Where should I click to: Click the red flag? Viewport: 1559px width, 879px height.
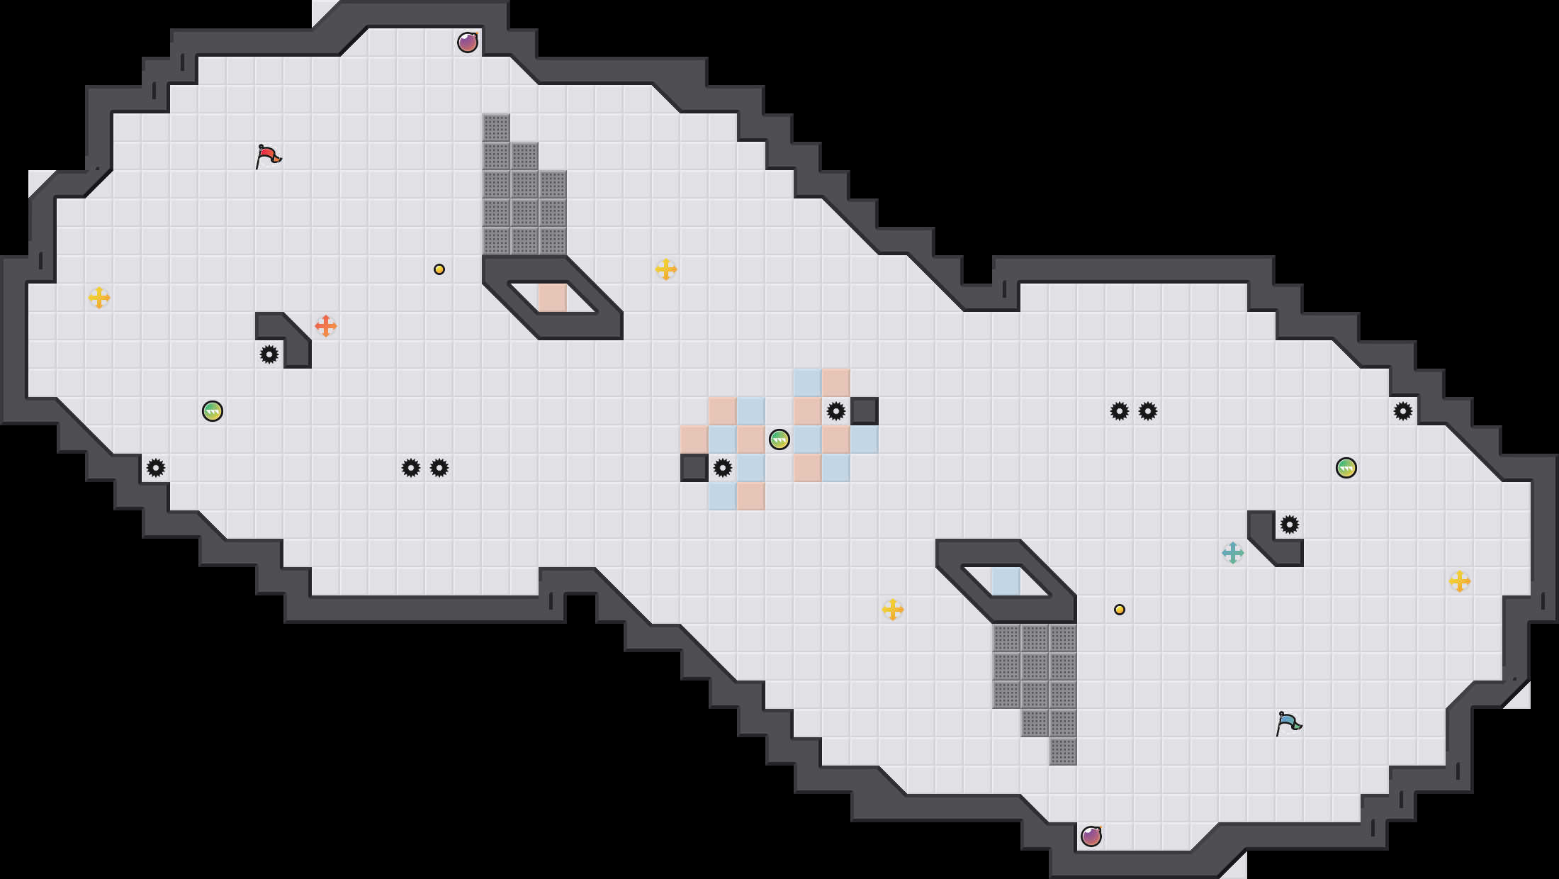[268, 156]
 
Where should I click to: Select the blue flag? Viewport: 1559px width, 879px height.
[1288, 723]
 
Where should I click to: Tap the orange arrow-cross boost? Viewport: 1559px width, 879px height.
[326, 326]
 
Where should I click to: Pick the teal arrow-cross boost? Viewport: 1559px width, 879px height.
[1233, 553]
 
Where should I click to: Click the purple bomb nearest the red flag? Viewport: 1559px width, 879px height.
[468, 43]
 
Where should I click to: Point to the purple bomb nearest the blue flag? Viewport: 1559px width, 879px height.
[1091, 836]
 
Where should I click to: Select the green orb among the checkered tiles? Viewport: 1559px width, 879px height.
[779, 439]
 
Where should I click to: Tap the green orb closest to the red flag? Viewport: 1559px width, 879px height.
[213, 411]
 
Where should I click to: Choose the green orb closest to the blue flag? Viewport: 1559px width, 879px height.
[1346, 468]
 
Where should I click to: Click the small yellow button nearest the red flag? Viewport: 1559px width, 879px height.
[439, 269]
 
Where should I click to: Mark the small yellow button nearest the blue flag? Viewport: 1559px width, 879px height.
[1120, 610]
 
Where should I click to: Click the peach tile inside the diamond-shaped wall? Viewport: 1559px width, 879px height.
[553, 298]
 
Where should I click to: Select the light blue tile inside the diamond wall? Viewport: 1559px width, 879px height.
[1006, 581]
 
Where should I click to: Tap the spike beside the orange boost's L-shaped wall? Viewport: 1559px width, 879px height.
[269, 354]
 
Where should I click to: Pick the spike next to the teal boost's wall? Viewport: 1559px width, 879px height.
[1290, 525]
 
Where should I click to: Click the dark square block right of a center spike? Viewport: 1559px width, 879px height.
[865, 411]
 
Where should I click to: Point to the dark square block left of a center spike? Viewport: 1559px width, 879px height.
[694, 468]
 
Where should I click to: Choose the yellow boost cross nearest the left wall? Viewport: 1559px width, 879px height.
[99, 298]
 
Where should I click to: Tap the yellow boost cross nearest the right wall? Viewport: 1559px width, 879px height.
[1460, 581]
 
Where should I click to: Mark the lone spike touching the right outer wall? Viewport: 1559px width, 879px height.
[1403, 411]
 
